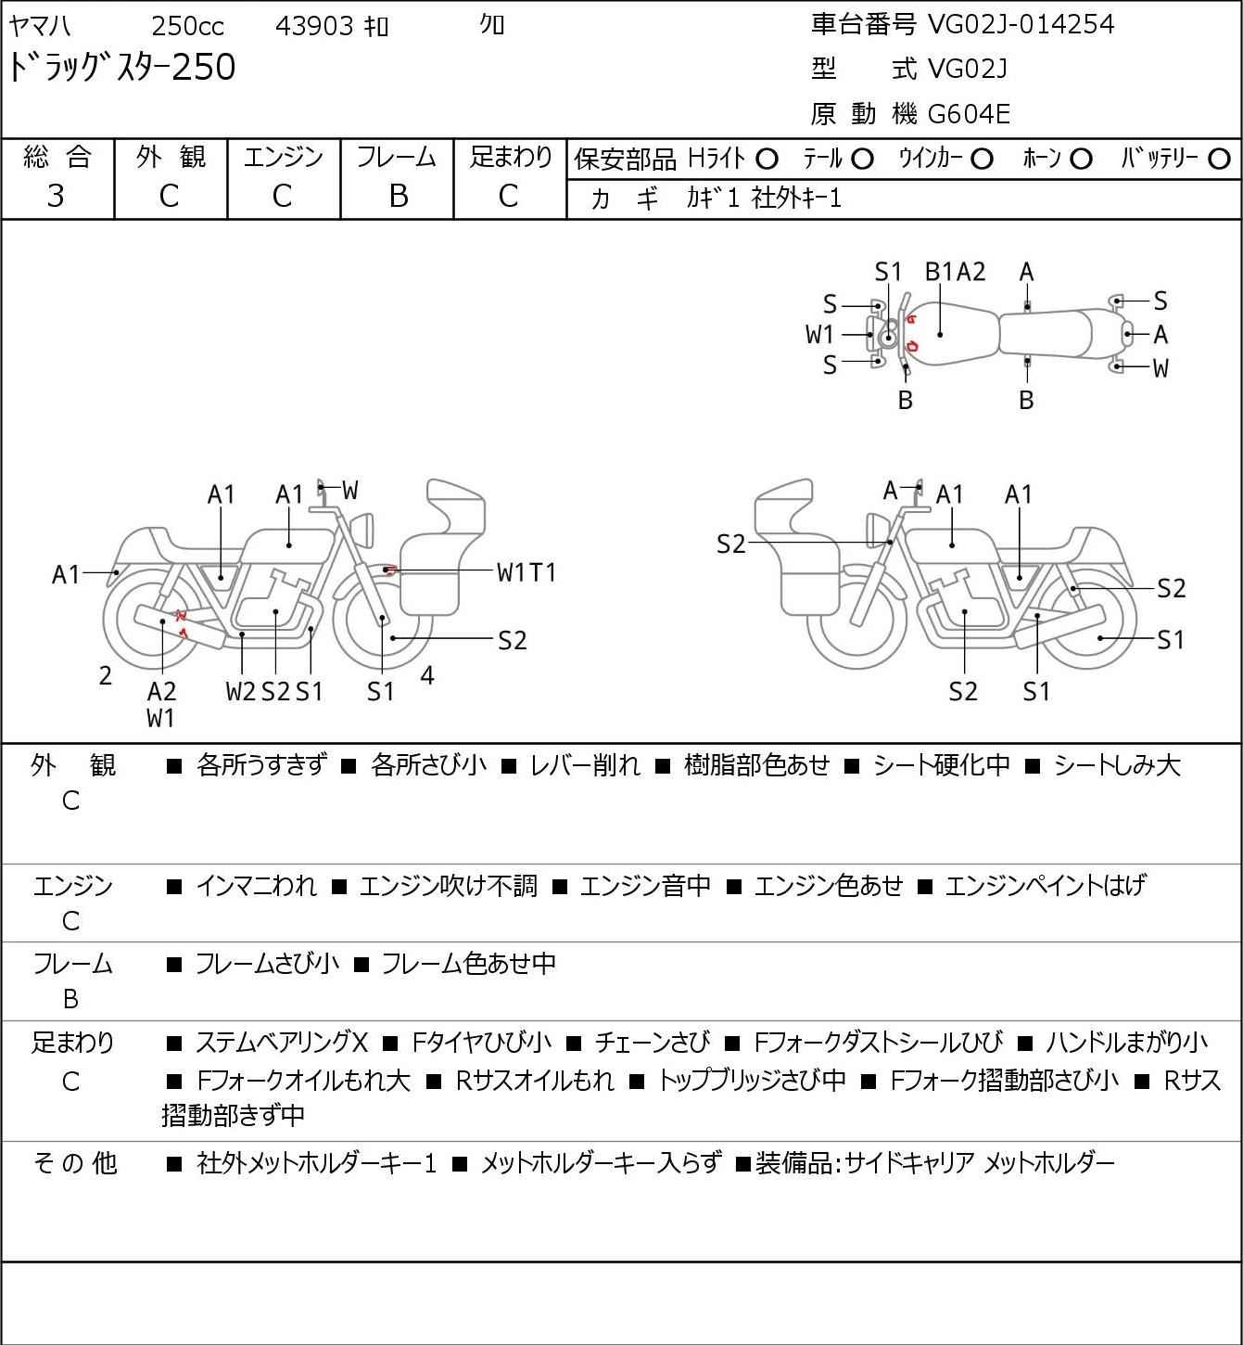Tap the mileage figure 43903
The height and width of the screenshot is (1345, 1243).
[x=315, y=26]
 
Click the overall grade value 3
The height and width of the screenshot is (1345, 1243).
[x=56, y=196]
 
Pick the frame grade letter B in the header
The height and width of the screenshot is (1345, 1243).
[x=398, y=196]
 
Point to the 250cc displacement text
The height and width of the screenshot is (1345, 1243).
[x=187, y=26]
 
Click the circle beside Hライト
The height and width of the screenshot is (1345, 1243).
[x=767, y=160]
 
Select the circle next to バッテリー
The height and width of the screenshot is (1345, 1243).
[x=1219, y=160]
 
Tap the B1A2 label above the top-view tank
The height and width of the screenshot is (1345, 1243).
[x=956, y=272]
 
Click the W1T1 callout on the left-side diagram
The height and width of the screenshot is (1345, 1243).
[x=526, y=572]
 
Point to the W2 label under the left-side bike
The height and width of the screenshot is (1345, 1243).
[x=240, y=691]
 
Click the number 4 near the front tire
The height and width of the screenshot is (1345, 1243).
[x=427, y=675]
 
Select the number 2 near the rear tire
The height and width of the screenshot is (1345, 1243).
[x=106, y=676]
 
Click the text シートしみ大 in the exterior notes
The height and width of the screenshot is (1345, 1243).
[x=1117, y=765]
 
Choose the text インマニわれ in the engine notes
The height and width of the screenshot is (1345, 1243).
[x=256, y=886]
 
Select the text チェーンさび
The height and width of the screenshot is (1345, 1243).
[x=652, y=1043]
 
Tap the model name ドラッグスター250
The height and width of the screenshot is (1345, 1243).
[x=122, y=68]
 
